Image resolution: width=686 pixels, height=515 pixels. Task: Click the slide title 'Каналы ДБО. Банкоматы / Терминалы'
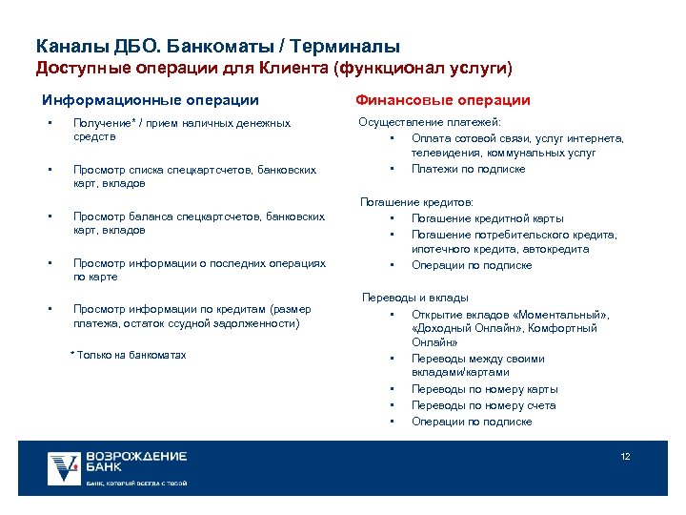(x=217, y=46)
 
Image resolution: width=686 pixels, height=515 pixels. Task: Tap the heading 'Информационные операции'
(x=151, y=100)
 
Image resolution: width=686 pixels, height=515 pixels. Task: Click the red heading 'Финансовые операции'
(x=443, y=100)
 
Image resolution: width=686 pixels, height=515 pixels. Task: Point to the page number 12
(x=626, y=457)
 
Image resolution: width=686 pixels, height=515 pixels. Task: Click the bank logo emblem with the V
(x=65, y=466)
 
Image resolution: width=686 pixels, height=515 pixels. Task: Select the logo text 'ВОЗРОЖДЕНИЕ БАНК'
(x=135, y=462)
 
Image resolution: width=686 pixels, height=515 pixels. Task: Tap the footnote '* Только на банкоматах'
(x=129, y=355)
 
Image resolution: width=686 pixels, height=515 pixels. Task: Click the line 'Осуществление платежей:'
(x=430, y=122)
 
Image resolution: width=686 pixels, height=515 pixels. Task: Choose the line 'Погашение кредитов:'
(x=416, y=202)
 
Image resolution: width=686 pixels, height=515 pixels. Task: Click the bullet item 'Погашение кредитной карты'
(x=487, y=218)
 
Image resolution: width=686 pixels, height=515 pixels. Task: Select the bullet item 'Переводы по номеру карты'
(x=484, y=389)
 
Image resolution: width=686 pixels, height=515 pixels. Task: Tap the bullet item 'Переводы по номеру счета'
(x=483, y=405)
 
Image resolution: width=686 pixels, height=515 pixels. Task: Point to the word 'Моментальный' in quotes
(x=563, y=314)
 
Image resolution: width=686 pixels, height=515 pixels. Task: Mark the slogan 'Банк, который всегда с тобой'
(x=136, y=484)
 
